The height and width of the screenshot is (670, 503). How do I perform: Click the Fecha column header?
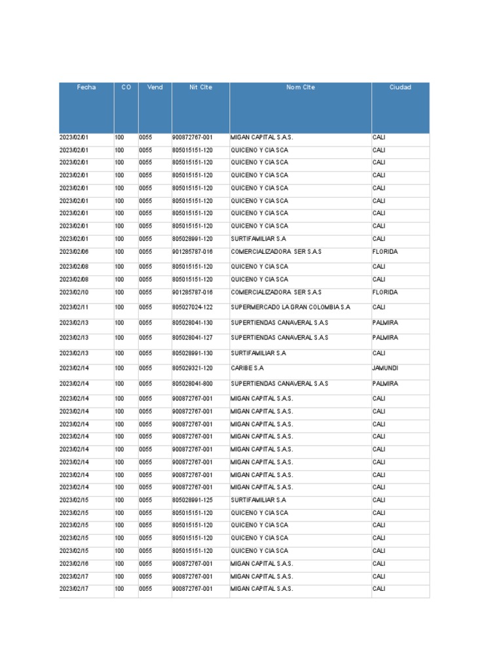point(86,87)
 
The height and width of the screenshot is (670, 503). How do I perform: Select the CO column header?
point(126,87)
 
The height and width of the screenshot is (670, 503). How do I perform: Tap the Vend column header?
point(155,87)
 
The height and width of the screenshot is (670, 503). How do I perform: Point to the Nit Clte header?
point(200,87)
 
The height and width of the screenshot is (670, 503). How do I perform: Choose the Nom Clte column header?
point(301,87)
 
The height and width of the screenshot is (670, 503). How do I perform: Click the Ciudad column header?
point(400,87)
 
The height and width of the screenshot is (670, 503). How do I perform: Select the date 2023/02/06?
point(73,252)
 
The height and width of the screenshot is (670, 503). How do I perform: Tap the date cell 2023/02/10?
point(73,292)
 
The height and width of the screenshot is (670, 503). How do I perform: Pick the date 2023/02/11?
point(73,307)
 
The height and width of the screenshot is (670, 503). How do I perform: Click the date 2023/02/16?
point(73,564)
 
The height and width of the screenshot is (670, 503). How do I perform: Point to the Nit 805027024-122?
point(193,307)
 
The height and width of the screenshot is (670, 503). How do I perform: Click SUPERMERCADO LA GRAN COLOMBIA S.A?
point(290,307)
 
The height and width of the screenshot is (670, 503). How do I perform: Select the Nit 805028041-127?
point(193,338)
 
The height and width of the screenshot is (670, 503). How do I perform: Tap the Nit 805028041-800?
point(193,383)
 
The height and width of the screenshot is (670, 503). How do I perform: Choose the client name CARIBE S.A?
point(247,368)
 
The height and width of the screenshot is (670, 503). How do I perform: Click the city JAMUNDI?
point(385,368)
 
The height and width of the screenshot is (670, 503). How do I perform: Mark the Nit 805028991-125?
point(193,501)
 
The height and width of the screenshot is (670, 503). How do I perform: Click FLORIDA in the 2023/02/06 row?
point(385,252)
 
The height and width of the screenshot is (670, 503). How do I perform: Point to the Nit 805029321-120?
point(193,368)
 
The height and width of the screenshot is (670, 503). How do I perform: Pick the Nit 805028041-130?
point(193,323)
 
